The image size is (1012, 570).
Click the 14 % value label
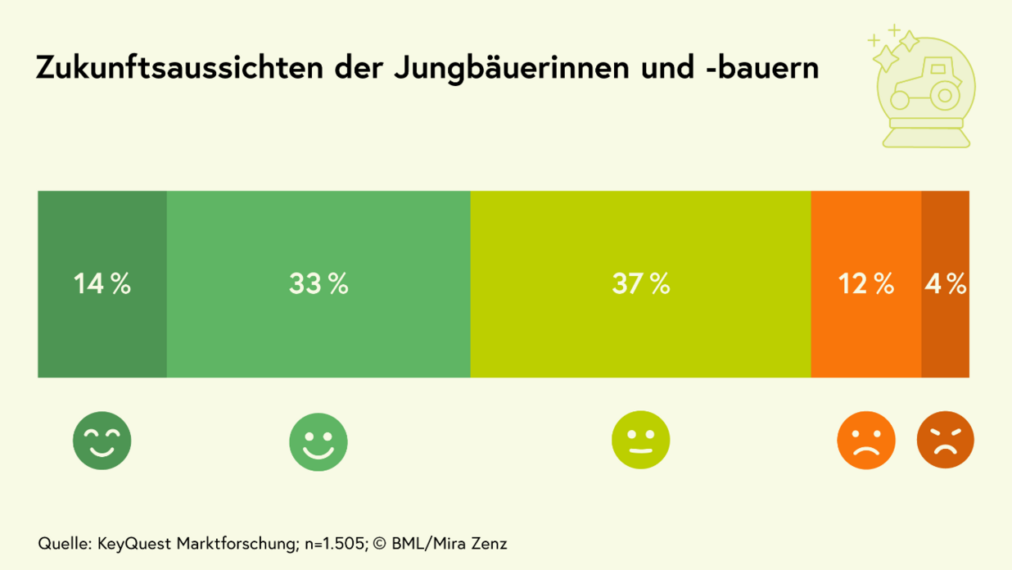(102, 284)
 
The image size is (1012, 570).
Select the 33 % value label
(319, 284)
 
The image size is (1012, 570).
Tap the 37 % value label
(641, 284)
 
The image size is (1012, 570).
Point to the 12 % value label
(865, 284)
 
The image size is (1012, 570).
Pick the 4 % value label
(946, 284)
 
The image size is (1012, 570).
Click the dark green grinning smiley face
(102, 441)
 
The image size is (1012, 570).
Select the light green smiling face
(319, 442)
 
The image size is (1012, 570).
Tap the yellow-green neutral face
(641, 441)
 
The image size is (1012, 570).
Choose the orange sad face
(865, 441)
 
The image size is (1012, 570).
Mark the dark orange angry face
(946, 441)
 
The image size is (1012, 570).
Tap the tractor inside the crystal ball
(925, 83)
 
